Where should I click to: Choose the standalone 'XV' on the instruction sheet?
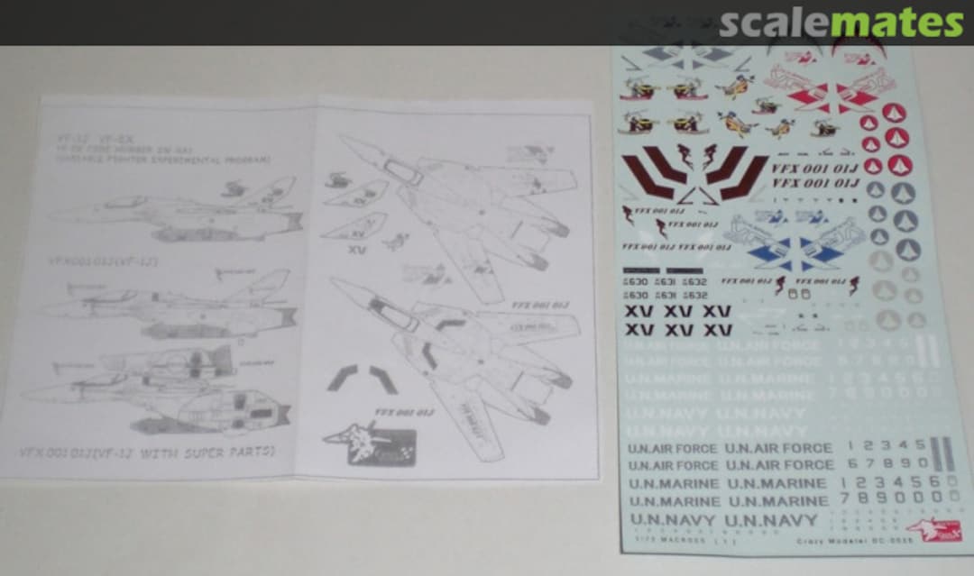[357, 250]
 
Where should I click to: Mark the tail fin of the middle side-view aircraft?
[271, 282]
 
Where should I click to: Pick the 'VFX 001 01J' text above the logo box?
[402, 413]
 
